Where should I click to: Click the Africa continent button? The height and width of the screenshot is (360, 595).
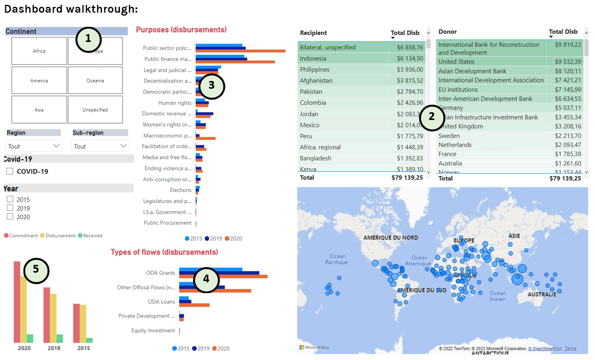pyautogui.click(x=39, y=51)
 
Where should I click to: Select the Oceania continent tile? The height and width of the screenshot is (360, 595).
pyautogui.click(x=95, y=80)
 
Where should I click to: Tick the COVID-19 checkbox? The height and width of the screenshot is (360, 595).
pyautogui.click(x=10, y=171)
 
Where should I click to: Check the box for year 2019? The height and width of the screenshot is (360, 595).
pyautogui.click(x=10, y=208)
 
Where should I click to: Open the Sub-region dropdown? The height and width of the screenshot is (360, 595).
pyautogui.click(x=100, y=146)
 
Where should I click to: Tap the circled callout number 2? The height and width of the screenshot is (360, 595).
pyautogui.click(x=432, y=118)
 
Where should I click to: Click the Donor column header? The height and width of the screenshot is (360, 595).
pyautogui.click(x=448, y=32)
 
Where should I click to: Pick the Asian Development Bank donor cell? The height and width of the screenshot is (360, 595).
pyautogui.click(x=472, y=71)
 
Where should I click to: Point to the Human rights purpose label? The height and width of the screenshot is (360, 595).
pyautogui.click(x=175, y=103)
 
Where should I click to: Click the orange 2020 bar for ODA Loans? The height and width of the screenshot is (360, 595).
pyautogui.click(x=200, y=305)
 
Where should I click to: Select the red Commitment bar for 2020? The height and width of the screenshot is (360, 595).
pyautogui.click(x=17, y=302)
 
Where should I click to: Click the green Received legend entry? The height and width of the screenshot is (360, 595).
pyautogui.click(x=90, y=236)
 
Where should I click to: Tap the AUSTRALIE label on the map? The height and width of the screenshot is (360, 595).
pyautogui.click(x=542, y=295)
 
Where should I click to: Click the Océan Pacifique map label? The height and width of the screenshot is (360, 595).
pyautogui.click(x=337, y=259)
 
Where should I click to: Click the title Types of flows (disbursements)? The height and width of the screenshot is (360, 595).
pyautogui.click(x=164, y=252)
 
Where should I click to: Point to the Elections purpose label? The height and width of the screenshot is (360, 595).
pyautogui.click(x=181, y=190)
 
